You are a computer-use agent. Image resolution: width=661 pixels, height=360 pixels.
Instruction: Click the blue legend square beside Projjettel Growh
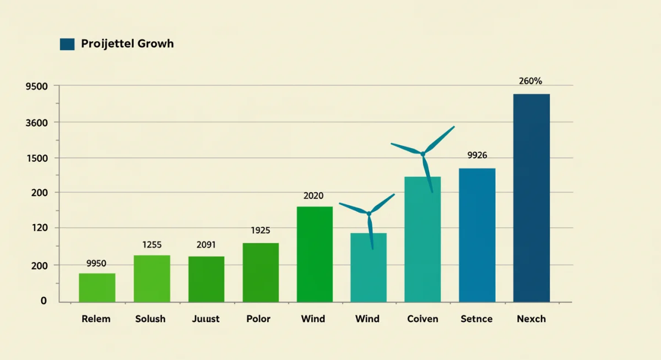[67, 45]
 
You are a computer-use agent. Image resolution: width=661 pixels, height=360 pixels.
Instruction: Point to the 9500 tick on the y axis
[37, 86]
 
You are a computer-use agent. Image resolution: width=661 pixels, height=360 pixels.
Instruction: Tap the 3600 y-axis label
[37, 122]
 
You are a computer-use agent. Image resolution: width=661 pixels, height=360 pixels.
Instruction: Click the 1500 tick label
[37, 158]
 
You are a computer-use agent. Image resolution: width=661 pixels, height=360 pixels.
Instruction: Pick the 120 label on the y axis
[40, 227]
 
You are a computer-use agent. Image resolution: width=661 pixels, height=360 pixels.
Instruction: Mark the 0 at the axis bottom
[44, 301]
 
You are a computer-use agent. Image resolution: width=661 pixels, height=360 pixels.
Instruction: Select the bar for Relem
[97, 287]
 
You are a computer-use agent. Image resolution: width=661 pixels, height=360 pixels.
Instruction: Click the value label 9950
[96, 264]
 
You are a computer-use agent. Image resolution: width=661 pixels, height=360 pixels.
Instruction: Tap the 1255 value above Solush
[151, 244]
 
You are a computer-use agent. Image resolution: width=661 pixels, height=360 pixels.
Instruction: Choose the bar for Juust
[206, 279]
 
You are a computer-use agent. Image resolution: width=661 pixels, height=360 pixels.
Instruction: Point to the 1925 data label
[261, 231]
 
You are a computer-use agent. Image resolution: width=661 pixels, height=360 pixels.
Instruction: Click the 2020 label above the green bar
[313, 196]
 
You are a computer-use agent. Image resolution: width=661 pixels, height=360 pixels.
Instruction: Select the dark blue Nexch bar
[532, 198]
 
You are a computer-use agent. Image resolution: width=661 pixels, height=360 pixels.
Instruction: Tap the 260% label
[530, 81]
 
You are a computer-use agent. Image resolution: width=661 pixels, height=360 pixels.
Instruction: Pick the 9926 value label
[477, 155]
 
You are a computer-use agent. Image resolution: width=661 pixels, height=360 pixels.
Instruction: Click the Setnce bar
[477, 235]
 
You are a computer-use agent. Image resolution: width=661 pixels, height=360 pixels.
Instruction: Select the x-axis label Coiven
[422, 319]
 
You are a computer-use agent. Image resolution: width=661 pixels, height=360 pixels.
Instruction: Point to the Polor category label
[258, 319]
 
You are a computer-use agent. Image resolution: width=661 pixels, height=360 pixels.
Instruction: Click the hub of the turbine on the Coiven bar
[423, 154]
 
